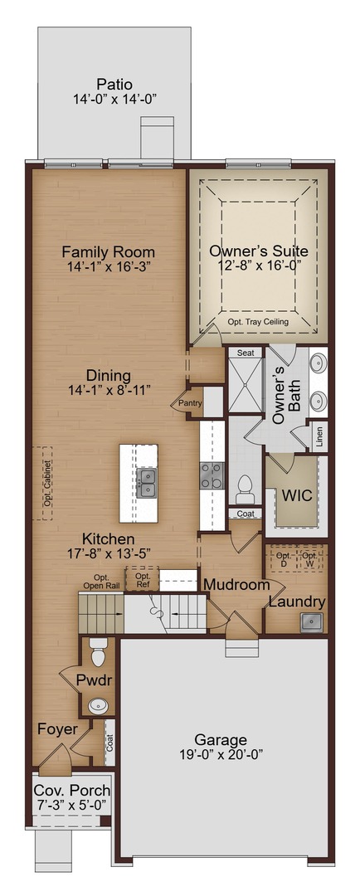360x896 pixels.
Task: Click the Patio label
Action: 114,84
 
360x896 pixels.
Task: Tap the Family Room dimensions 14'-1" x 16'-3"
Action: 109,267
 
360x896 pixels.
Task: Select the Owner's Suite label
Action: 259,251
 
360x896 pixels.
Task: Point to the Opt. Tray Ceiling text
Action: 259,322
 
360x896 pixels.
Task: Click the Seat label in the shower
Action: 246,353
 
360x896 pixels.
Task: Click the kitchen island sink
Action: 147,482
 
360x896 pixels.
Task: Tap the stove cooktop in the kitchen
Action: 212,475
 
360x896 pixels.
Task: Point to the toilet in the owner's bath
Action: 245,489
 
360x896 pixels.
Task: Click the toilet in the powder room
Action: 97,645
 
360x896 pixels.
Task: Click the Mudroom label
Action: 237,585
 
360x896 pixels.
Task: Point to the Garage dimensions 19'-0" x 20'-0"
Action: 221,755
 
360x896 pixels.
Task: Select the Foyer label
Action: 57,729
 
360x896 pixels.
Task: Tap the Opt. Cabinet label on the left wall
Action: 48,484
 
